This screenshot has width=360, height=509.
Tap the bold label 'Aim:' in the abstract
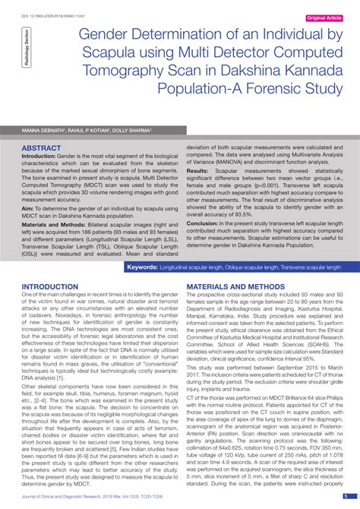[28, 206]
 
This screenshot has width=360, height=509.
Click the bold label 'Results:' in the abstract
[198, 172]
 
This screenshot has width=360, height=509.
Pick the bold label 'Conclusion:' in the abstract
[203, 223]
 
